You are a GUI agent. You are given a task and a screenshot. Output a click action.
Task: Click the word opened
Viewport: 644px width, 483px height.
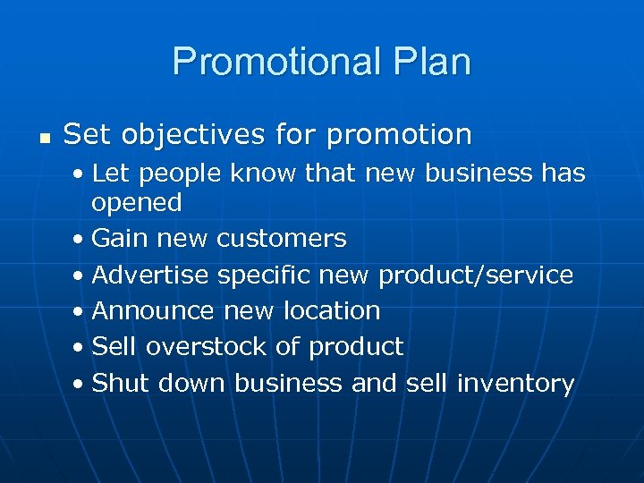[137, 203]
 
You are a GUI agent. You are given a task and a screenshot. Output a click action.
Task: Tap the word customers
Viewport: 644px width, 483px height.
[282, 239]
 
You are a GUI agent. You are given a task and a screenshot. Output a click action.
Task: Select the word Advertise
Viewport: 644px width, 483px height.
[150, 275]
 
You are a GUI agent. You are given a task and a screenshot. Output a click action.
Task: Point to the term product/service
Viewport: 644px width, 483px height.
[476, 275]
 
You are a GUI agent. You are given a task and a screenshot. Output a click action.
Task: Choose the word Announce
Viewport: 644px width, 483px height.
[153, 311]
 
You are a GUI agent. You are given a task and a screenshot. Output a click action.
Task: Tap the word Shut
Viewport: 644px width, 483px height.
[121, 383]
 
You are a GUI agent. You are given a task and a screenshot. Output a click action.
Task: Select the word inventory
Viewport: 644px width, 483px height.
[515, 383]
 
